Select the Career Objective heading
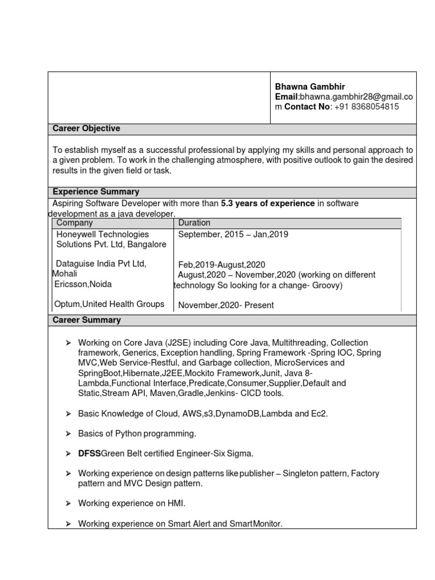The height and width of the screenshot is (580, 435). [x=86, y=129]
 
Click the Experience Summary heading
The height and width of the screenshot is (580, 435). [x=96, y=191]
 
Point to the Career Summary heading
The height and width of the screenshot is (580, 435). [x=87, y=320]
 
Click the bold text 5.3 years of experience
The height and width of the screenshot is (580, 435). [x=267, y=203]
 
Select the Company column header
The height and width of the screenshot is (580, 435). [x=74, y=223]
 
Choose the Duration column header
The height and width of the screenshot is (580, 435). [x=194, y=223]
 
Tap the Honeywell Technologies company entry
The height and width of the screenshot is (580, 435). [x=103, y=234]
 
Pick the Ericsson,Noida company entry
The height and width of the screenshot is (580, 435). [x=83, y=284]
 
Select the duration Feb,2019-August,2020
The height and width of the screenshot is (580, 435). [x=221, y=265]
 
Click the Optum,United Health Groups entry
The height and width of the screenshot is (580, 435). [x=109, y=304]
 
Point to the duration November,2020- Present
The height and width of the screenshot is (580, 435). [x=226, y=305]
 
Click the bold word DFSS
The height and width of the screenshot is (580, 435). [x=89, y=453]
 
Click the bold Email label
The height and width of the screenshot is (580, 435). [x=286, y=97]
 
